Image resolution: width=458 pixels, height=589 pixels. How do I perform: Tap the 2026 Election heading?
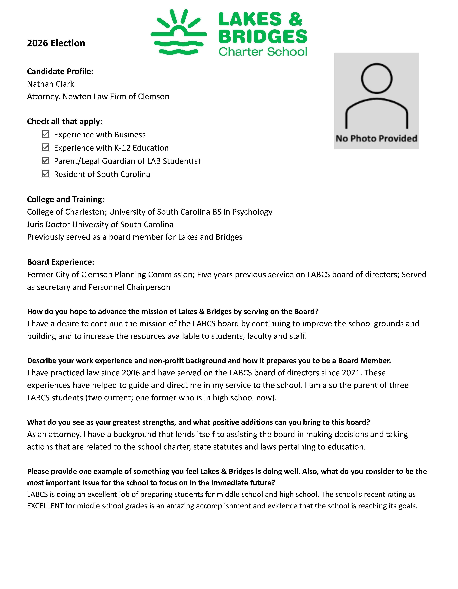tap(56, 43)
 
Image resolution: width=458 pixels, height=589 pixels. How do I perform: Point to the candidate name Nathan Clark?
tap(50, 84)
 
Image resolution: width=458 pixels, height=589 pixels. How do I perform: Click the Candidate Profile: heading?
tap(60, 71)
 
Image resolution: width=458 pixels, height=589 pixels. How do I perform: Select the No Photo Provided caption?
tap(376, 138)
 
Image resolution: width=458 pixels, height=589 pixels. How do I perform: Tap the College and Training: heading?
tap(66, 199)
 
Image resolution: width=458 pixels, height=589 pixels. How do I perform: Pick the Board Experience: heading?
tap(61, 262)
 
